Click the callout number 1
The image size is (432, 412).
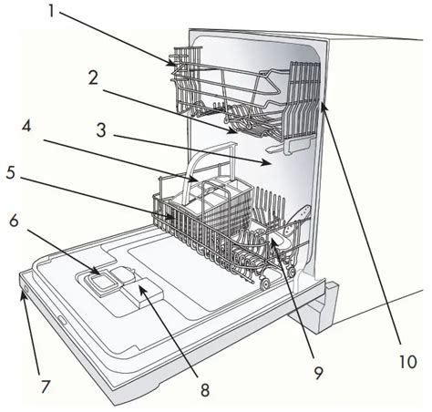[52, 12]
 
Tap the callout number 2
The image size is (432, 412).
[93, 77]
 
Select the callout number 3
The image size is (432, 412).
[101, 130]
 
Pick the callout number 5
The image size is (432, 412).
[11, 172]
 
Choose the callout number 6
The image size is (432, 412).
[15, 221]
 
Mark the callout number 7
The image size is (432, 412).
[45, 386]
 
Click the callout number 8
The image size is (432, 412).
[205, 389]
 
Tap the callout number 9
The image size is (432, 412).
[318, 373]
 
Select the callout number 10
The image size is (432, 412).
[407, 362]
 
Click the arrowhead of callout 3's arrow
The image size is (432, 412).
[267, 163]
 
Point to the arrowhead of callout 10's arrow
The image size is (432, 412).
[324, 107]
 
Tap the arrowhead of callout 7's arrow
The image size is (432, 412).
[23, 294]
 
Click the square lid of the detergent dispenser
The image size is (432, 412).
[100, 283]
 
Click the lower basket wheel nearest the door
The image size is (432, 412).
[265, 284]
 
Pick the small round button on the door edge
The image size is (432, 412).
[26, 289]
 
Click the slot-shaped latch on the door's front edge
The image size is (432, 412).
[61, 320]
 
